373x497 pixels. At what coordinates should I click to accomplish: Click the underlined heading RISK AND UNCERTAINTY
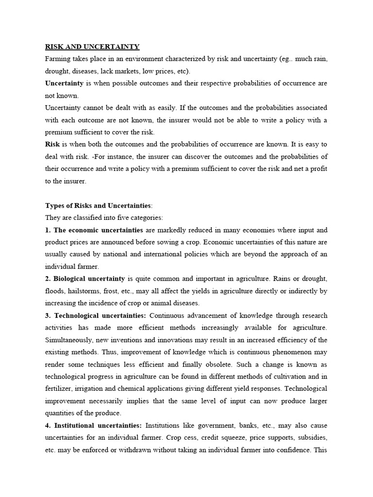pyautogui.click(x=92, y=47)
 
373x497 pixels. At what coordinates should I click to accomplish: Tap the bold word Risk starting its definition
pyautogui.click(x=52, y=144)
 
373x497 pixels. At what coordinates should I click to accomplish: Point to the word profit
pyautogui.click(x=316, y=169)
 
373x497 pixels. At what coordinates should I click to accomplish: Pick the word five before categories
pyautogui.click(x=124, y=217)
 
